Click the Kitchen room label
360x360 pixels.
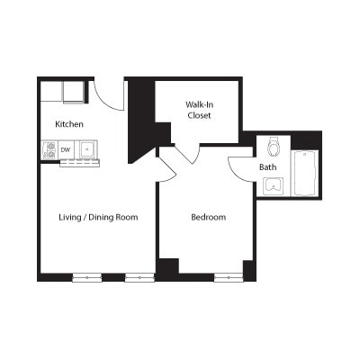click(x=69, y=124)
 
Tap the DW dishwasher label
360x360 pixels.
click(x=65, y=149)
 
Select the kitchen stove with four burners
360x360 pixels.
click(x=49, y=150)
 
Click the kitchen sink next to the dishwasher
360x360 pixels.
click(x=88, y=149)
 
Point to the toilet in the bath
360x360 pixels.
click(x=274, y=146)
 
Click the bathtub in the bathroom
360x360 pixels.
click(x=305, y=174)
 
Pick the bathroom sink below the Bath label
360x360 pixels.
click(x=274, y=186)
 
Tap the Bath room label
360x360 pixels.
click(x=268, y=167)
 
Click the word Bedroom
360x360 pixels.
click(x=209, y=217)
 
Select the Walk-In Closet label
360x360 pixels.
click(x=200, y=110)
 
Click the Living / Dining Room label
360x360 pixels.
click(x=98, y=217)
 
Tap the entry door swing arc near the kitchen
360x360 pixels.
click(x=105, y=102)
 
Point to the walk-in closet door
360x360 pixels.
click(x=187, y=155)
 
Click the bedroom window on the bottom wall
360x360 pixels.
click(x=229, y=278)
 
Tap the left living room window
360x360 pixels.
click(x=87, y=278)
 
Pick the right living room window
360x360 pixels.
click(x=139, y=278)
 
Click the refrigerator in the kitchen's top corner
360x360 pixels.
click(x=73, y=92)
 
